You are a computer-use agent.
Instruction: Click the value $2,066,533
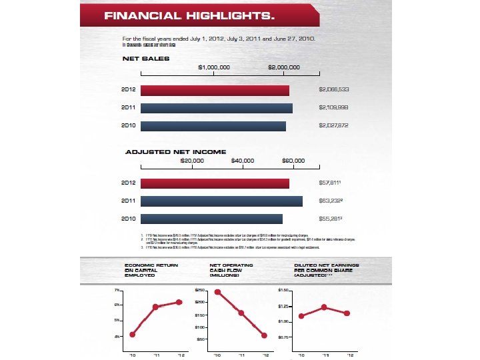point(334,89)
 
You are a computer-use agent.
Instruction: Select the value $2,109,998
point(334,107)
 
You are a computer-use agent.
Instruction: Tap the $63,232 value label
point(331,201)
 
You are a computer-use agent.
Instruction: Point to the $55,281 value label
point(331,219)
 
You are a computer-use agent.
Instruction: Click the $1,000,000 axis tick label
point(215,68)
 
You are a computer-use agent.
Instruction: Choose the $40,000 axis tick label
point(243,161)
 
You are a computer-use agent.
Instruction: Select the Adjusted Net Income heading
point(176,152)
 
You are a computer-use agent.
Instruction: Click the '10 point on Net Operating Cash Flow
point(217,292)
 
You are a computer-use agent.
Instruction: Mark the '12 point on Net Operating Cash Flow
point(264,335)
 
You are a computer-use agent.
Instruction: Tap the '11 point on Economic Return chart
point(155,307)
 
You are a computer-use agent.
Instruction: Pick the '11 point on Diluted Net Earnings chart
point(324,307)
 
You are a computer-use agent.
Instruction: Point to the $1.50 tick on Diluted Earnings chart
point(283,291)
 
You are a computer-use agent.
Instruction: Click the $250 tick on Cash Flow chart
point(199,291)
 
